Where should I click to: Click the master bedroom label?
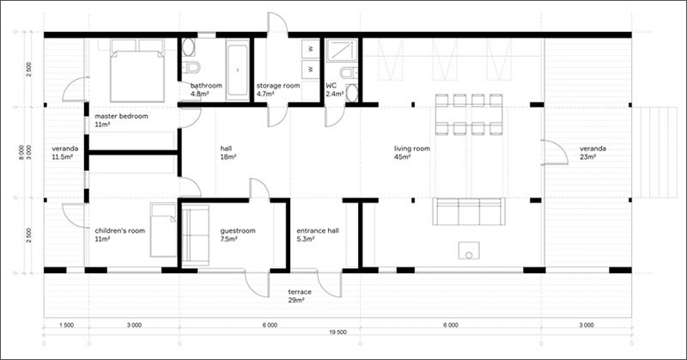pyautogui.click(x=121, y=116)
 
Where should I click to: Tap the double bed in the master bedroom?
pyautogui.click(x=137, y=71)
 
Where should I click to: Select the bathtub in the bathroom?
pyautogui.click(x=238, y=70)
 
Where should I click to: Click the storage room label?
pyautogui.click(x=278, y=86)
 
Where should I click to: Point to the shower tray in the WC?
pyautogui.click(x=342, y=50)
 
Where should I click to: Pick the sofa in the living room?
pyautogui.click(x=469, y=211)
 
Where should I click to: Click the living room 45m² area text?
pyautogui.click(x=402, y=157)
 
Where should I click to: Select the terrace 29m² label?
pyautogui.click(x=300, y=296)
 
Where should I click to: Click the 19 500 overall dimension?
pyautogui.click(x=337, y=333)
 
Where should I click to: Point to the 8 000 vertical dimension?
pyautogui.click(x=22, y=152)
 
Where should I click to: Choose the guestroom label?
pyautogui.click(x=238, y=230)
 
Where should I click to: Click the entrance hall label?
pyautogui.click(x=318, y=230)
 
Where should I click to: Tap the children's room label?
pyautogui.click(x=120, y=230)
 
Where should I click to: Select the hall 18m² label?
pyautogui.click(x=228, y=153)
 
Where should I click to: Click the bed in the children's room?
pyautogui.click(x=163, y=229)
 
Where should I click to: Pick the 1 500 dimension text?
pyautogui.click(x=66, y=326)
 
